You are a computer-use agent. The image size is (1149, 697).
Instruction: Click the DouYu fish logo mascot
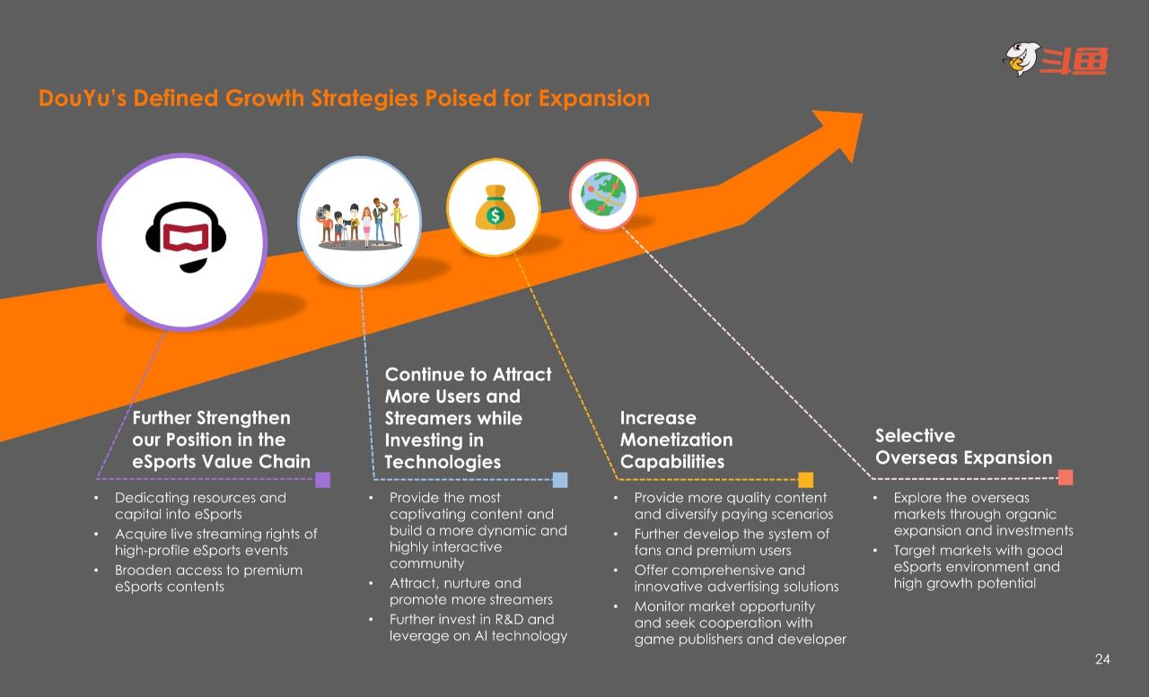tap(1022, 59)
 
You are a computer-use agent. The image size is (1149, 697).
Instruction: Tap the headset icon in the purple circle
tap(186, 237)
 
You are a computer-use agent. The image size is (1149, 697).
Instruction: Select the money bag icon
tap(495, 207)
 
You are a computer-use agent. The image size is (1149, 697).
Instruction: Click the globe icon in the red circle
tap(603, 194)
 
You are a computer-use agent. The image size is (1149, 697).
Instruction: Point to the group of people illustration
tap(361, 223)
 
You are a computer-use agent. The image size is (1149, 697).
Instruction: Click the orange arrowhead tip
tap(863, 114)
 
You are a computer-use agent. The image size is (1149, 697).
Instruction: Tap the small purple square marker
tap(322, 480)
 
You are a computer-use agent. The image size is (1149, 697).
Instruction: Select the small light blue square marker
tap(560, 480)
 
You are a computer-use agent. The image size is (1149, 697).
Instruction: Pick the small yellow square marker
tap(806, 480)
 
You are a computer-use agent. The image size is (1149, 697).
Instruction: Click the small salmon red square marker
tap(1066, 477)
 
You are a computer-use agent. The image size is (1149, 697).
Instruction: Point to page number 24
tap(1102, 659)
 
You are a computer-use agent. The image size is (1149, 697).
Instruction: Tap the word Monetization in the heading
tap(677, 440)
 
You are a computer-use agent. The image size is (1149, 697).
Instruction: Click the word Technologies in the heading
tap(443, 462)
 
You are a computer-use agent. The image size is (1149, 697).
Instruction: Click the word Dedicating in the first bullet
tap(149, 498)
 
